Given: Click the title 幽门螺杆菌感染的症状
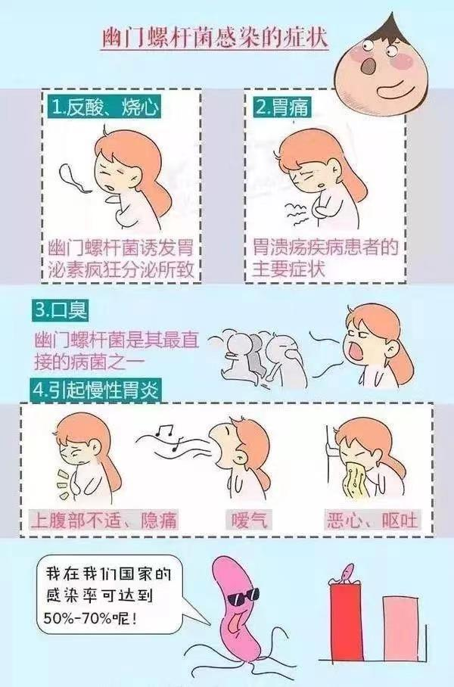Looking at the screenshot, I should point(215,39).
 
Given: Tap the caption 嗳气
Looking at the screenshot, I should point(248,520).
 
